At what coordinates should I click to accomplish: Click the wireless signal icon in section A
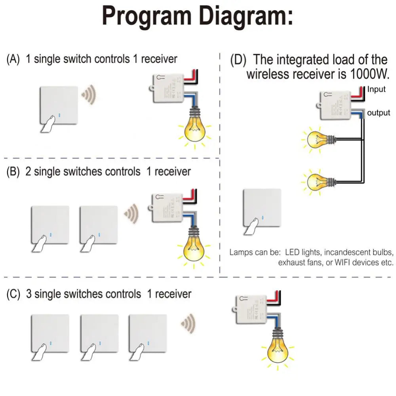pyautogui.click(x=89, y=95)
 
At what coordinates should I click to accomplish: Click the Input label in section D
pyautogui.click(x=376, y=89)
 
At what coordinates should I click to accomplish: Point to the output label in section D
pyautogui.click(x=379, y=113)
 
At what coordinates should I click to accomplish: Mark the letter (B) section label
pyautogui.click(x=13, y=172)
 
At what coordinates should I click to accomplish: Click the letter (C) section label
pyautogui.click(x=13, y=294)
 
